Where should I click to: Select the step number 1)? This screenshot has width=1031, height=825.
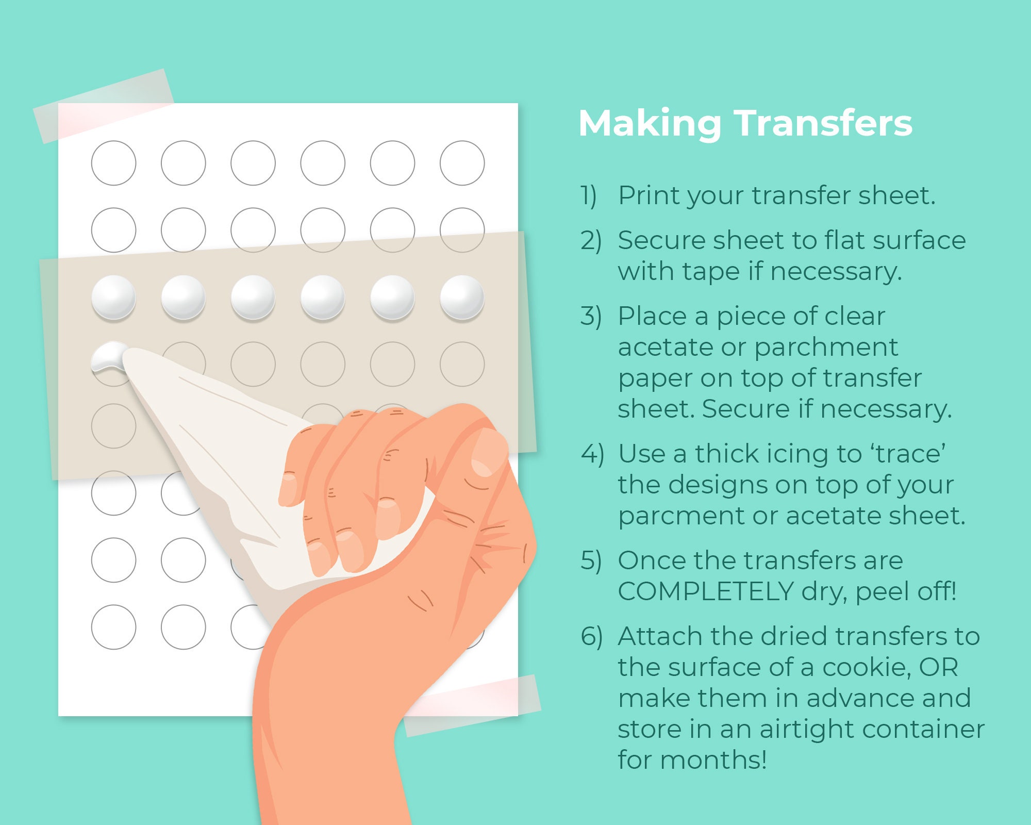[589, 196]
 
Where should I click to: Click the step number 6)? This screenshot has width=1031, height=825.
[592, 637]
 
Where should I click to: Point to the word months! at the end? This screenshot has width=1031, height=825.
[713, 760]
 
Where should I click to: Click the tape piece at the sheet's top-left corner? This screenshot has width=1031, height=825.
[104, 106]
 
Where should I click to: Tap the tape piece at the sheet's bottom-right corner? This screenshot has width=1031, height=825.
[472, 705]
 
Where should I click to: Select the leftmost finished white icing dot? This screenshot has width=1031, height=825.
[114, 298]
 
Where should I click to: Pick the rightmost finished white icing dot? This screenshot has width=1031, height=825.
[462, 298]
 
